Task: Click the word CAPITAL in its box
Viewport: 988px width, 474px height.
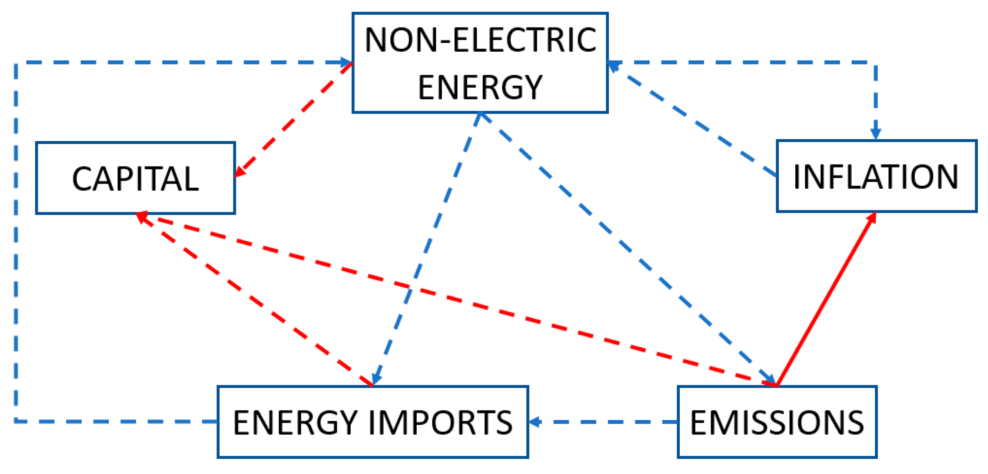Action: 135,179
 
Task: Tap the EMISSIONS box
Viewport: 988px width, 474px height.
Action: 777,422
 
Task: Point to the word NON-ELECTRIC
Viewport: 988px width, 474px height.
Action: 480,40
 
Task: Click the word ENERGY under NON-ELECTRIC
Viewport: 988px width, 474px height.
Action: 480,87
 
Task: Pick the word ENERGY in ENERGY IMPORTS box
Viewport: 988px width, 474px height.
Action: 295,422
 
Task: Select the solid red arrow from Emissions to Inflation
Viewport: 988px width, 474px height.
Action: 826,299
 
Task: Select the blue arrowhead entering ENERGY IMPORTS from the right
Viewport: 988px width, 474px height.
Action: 535,422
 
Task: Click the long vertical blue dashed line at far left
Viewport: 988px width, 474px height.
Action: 16,242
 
